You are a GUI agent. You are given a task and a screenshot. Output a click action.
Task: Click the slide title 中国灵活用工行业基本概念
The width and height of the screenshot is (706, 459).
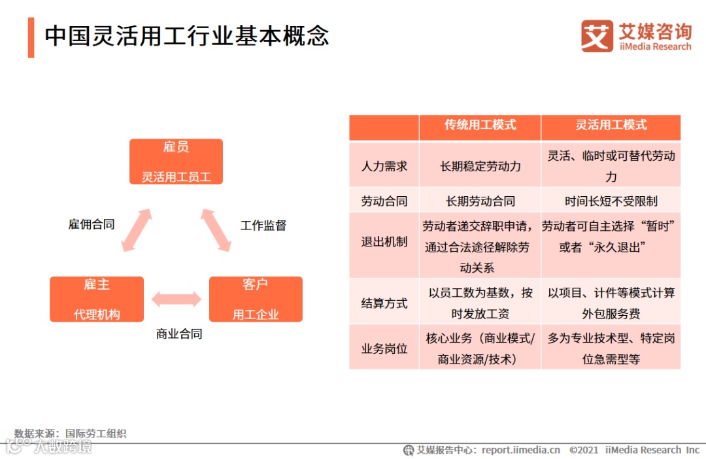pyautogui.click(x=186, y=36)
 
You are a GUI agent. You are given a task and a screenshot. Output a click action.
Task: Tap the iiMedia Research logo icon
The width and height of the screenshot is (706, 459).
pyautogui.click(x=597, y=36)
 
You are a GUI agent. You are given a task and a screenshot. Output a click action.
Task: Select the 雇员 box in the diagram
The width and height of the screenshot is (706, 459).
pyautogui.click(x=176, y=161)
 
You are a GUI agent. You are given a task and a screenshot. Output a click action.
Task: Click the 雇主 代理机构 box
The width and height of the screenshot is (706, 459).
pyautogui.click(x=97, y=299)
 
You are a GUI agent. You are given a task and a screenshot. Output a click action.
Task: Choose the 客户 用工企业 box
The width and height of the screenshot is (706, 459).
pyautogui.click(x=256, y=299)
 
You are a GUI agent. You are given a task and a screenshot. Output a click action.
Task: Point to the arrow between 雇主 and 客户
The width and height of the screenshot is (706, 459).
pyautogui.click(x=176, y=299)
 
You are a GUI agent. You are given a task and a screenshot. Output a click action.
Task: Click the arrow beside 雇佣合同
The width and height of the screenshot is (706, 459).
pyautogui.click(x=137, y=229)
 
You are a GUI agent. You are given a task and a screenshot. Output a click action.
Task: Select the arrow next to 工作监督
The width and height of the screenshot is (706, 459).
pyautogui.click(x=216, y=229)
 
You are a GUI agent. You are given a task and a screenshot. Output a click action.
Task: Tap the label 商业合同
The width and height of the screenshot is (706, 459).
pyautogui.click(x=179, y=333)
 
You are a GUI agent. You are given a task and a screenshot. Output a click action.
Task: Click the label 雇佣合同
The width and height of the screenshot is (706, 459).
pyautogui.click(x=92, y=224)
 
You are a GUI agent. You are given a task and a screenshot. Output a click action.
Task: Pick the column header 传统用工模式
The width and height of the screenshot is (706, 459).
pyautogui.click(x=480, y=125)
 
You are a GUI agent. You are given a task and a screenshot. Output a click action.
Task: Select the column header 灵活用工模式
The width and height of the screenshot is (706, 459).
pyautogui.click(x=611, y=125)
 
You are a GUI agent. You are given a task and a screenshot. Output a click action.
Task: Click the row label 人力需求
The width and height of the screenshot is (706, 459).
pyautogui.click(x=384, y=166)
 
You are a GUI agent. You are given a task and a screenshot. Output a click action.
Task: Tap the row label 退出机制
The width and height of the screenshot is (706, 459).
pyautogui.click(x=384, y=242)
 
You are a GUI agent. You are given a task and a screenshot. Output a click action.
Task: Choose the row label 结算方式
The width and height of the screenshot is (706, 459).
pyautogui.click(x=384, y=303)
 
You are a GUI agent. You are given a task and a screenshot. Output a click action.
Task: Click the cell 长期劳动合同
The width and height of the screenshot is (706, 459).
pyautogui.click(x=480, y=201)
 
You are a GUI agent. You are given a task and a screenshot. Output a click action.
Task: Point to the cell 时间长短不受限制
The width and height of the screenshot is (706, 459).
pyautogui.click(x=611, y=201)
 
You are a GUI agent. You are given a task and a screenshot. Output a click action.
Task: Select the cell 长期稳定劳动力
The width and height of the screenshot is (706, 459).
pyautogui.click(x=480, y=166)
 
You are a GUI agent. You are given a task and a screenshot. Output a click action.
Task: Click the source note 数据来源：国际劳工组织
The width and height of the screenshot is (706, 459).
pyautogui.click(x=71, y=433)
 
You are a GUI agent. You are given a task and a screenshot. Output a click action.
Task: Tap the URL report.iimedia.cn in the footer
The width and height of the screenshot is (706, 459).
pyautogui.click(x=521, y=450)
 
